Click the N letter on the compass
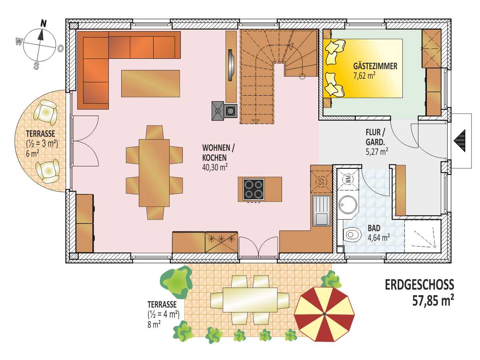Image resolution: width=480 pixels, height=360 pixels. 44,23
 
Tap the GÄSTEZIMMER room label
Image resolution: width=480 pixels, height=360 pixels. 375,66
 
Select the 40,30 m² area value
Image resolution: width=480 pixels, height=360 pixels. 215,167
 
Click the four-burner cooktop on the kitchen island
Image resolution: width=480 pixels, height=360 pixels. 254,189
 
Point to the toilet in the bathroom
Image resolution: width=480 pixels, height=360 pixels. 352,235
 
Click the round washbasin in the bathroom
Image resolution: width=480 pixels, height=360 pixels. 348,204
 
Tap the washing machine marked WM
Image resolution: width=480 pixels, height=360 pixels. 348,179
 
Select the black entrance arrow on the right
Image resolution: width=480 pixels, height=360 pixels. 460,140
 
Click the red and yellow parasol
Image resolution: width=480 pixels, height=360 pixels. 324,314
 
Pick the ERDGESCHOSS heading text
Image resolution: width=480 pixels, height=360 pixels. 420,285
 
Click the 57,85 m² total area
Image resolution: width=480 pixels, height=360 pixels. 433,300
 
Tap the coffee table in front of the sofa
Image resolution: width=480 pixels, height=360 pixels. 150,84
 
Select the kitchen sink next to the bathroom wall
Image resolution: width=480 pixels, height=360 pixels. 322,211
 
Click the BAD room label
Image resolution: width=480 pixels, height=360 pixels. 374,228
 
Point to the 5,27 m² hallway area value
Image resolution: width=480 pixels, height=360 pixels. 377,152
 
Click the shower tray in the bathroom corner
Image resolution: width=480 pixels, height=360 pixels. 422,236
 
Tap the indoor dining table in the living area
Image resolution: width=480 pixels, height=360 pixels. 154,173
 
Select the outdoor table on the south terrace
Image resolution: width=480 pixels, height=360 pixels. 250,300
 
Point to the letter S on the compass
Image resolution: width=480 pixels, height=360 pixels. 36,66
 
